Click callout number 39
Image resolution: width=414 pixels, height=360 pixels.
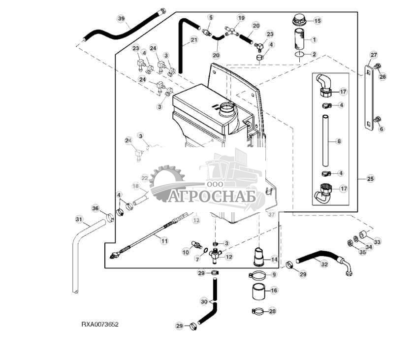click(122, 18)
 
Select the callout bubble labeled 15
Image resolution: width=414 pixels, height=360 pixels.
click(317, 21)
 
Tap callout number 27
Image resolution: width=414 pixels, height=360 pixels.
click(374, 55)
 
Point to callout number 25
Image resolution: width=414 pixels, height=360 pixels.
click(370, 178)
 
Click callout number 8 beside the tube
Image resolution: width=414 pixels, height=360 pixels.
click(339, 141)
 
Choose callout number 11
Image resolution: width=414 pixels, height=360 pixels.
click(164, 241)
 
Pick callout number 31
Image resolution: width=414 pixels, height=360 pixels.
click(78, 219)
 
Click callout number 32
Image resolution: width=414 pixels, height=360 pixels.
click(324, 264)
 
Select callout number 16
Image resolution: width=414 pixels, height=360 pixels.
click(274, 291)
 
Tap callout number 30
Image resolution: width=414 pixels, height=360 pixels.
click(204, 301)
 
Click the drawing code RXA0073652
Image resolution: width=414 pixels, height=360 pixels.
click(100, 325)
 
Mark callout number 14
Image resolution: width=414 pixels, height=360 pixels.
click(274, 259)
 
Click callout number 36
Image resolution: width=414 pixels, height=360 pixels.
click(96, 208)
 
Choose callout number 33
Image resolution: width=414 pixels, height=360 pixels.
click(377, 242)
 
